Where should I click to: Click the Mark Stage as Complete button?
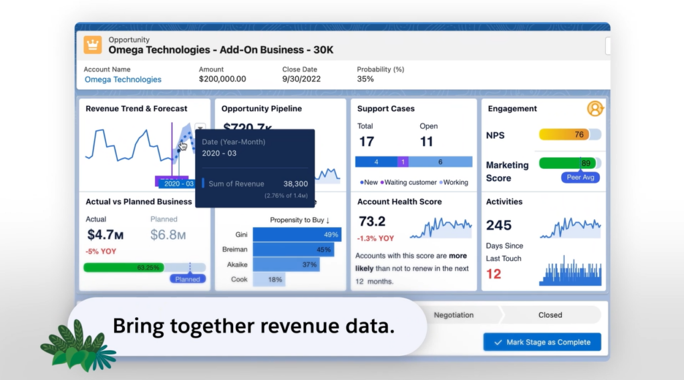[542, 342]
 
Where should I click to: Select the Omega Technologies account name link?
[123, 79]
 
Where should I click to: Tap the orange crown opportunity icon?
[93, 45]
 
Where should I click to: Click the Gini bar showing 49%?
[297, 234]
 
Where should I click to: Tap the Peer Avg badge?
[580, 178]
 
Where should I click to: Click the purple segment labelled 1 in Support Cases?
[403, 162]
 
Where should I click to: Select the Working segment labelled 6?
[440, 162]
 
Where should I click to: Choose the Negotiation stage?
[454, 315]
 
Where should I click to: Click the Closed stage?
[550, 315]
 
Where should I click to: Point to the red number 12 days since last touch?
[494, 274]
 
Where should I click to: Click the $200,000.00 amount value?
[222, 79]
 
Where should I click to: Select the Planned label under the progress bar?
[187, 279]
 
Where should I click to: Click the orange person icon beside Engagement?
[594, 108]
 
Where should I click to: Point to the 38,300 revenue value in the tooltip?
[295, 184]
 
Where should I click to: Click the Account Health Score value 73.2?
[372, 222]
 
